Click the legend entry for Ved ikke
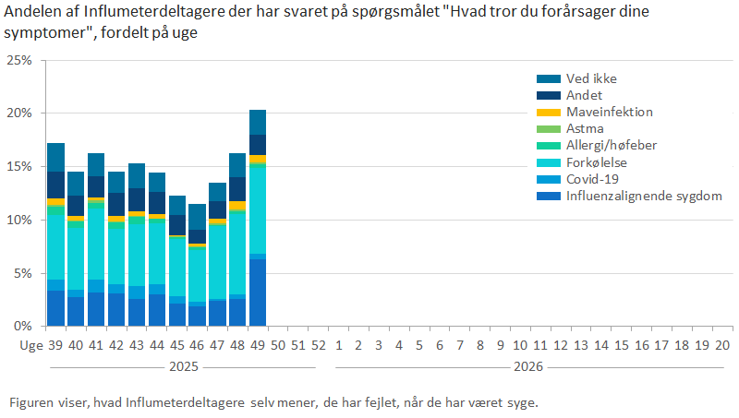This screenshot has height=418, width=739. (x=591, y=78)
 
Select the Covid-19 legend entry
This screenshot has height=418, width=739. (x=591, y=179)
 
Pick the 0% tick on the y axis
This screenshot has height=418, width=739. (x=22, y=327)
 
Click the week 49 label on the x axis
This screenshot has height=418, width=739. (x=257, y=345)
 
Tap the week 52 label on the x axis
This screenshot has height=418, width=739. (x=318, y=345)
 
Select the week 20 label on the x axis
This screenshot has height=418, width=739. (x=722, y=345)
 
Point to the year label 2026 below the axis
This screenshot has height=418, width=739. (x=528, y=366)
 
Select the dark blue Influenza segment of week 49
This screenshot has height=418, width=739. (x=258, y=293)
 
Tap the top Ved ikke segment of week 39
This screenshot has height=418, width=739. (x=56, y=157)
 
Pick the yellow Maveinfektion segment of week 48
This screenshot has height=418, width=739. (x=237, y=206)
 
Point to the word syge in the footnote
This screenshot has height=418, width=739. (x=521, y=403)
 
